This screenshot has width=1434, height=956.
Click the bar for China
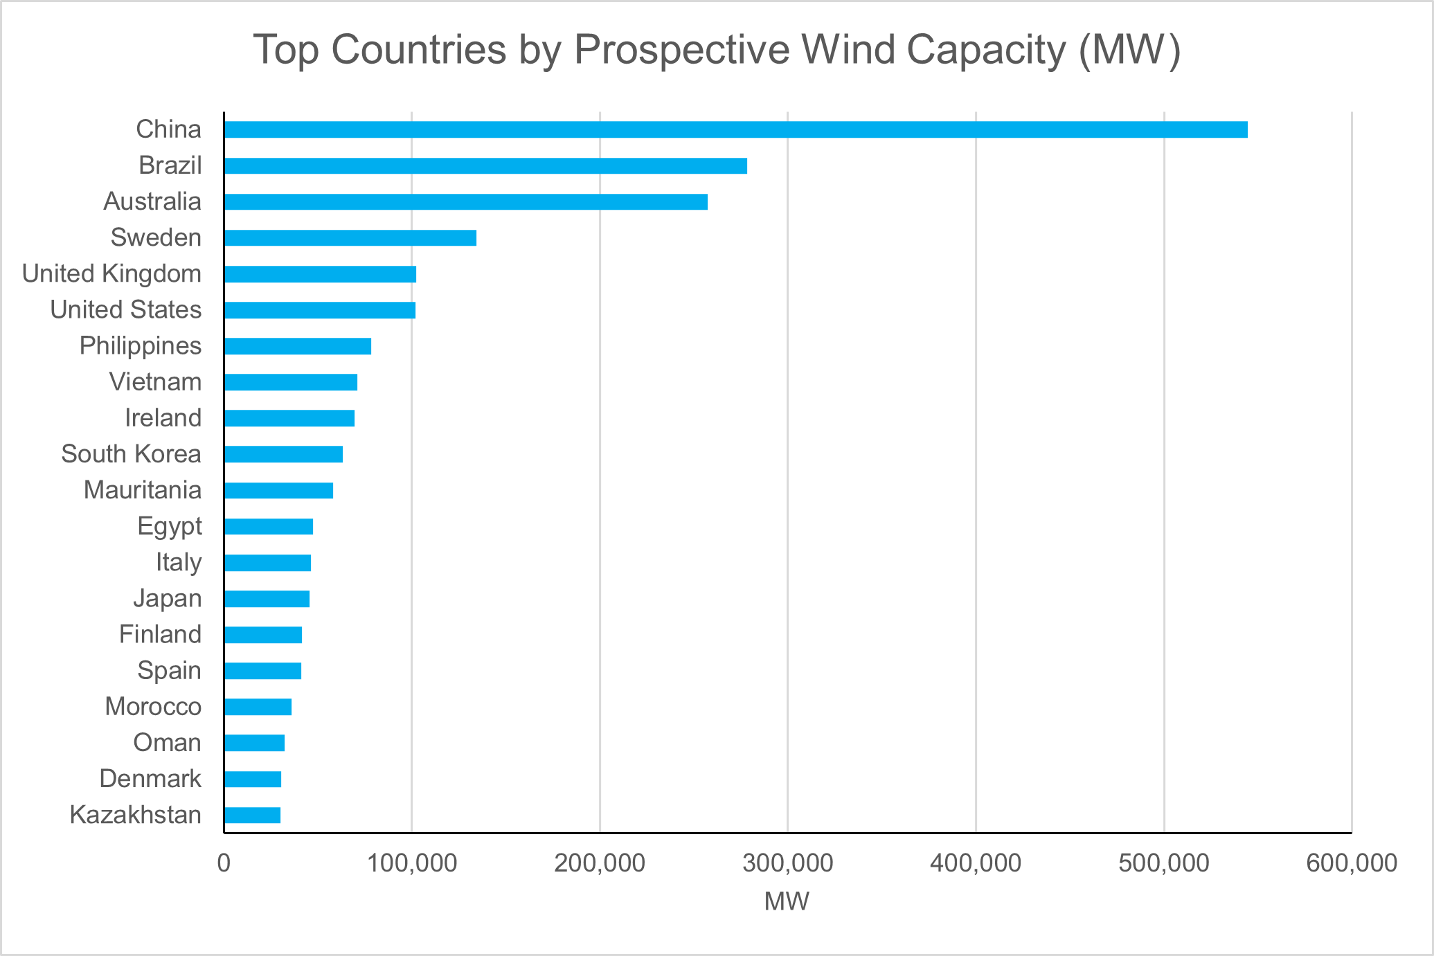point(735,129)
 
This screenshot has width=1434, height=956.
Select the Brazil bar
point(485,165)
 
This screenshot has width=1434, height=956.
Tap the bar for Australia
point(465,201)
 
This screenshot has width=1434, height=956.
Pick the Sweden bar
point(350,237)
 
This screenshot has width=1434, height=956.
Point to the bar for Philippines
point(298,346)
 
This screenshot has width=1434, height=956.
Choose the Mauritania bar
point(278,490)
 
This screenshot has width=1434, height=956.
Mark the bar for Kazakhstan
point(252,815)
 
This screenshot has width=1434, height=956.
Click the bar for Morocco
point(258,707)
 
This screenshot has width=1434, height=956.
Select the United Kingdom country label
point(111,273)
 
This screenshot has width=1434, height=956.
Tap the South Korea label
point(131,454)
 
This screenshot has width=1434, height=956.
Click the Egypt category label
point(170,526)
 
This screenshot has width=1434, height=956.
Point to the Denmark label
point(150,779)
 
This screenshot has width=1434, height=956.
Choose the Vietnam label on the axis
point(155,382)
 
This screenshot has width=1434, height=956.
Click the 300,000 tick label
point(787,863)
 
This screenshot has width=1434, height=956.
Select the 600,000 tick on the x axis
point(1351,863)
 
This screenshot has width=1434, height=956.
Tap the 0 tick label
point(224,863)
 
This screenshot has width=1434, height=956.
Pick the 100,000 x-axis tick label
point(411,863)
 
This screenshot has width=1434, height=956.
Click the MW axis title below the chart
point(787,901)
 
